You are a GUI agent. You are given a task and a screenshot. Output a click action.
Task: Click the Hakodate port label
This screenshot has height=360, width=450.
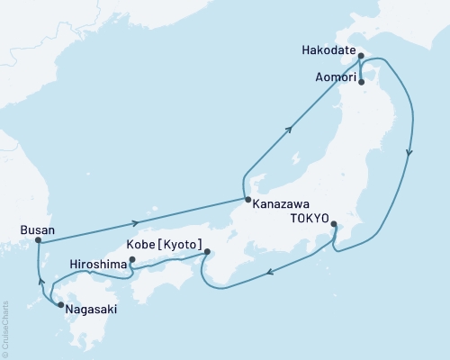point(327,49)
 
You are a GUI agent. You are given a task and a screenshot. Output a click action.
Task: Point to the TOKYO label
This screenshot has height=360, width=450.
point(309,216)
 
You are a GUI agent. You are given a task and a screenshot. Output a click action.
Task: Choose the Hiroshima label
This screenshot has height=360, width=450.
point(98,265)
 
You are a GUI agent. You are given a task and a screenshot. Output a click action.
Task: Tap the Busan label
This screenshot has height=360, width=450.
point(37,230)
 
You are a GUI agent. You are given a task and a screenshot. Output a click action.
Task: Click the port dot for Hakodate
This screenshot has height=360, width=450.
point(360,56)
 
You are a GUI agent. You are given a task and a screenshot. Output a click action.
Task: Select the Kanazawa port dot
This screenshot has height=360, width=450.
point(247,200)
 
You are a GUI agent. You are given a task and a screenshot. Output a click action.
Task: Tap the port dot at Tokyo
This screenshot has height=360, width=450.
point(334,224)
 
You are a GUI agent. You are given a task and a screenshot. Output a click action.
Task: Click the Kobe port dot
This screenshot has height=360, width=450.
point(207,252)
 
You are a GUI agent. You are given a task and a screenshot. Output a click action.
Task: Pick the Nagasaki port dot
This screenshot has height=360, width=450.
point(60,306)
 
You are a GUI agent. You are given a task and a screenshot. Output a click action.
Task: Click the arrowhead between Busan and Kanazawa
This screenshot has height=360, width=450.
point(135,222)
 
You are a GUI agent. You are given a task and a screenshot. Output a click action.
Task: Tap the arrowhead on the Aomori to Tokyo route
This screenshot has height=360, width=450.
point(409,152)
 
